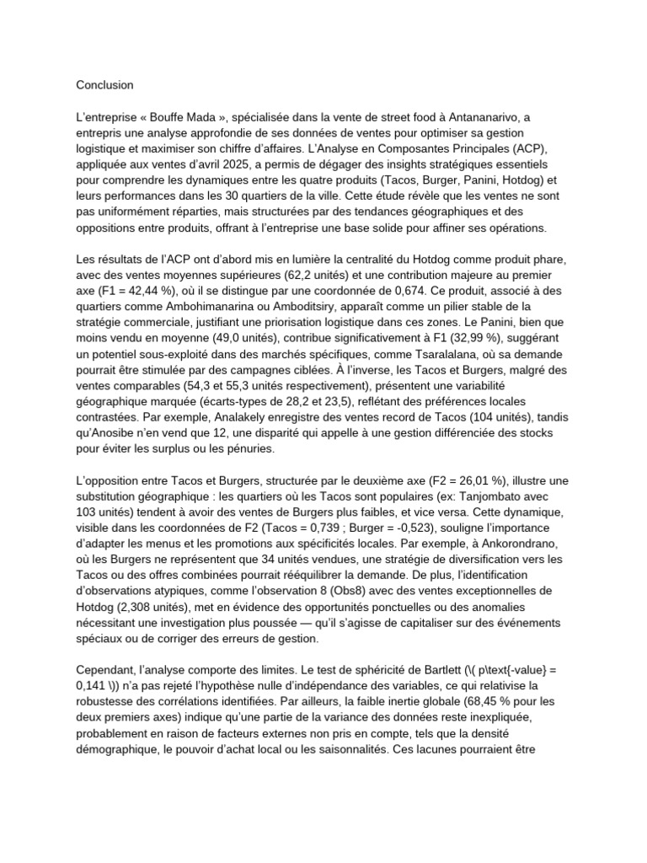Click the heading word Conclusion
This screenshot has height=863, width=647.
click(104, 85)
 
